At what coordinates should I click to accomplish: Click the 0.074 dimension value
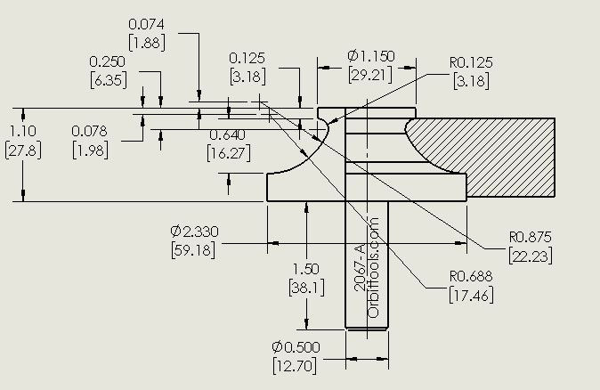[x=146, y=24]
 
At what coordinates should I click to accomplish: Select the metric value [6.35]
[x=109, y=80]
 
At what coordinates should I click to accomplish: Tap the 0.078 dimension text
[x=90, y=131]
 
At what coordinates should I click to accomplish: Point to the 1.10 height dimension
[x=23, y=131]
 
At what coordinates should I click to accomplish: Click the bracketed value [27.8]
[x=23, y=150]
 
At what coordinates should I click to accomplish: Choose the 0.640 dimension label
[x=228, y=134]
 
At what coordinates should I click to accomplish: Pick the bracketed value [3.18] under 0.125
[x=247, y=77]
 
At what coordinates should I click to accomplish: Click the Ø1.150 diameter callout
[x=371, y=56]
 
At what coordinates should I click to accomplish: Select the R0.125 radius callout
[x=471, y=62]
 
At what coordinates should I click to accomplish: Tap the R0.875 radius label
[x=531, y=237]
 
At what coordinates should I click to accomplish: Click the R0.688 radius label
[x=471, y=276]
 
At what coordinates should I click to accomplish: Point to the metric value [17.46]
[x=471, y=296]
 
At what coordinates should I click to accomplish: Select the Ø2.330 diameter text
[x=194, y=232]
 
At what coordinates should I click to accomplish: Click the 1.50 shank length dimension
[x=305, y=269]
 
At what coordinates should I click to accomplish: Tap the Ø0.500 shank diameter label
[x=296, y=347]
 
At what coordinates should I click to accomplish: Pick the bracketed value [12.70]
[x=295, y=366]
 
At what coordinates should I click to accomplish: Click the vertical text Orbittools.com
[x=373, y=267]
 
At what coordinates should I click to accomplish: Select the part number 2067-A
[x=360, y=267]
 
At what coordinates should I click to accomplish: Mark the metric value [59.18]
[x=193, y=251]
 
